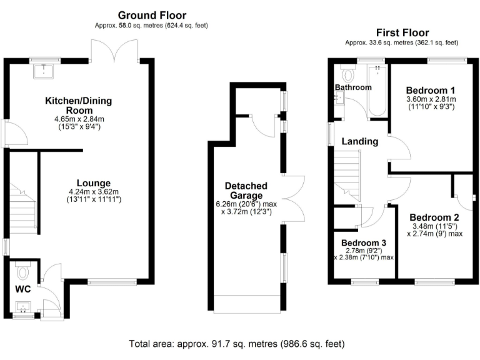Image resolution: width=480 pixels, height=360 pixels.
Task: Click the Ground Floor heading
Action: pyautogui.click(x=151, y=15)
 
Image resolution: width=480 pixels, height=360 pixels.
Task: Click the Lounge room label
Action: pyautogui.click(x=94, y=183)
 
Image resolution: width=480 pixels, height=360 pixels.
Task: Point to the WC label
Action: pyautogui.click(x=23, y=289)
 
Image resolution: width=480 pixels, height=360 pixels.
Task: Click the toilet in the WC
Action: pyautogui.click(x=24, y=272)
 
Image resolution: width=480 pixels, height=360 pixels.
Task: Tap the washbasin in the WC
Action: pyautogui.click(x=23, y=307)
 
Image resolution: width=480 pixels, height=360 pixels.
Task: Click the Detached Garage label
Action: pyautogui.click(x=246, y=191)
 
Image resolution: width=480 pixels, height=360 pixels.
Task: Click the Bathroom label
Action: pyautogui.click(x=352, y=87)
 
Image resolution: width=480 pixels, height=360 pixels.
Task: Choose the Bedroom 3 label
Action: pyautogui.click(x=363, y=242)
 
